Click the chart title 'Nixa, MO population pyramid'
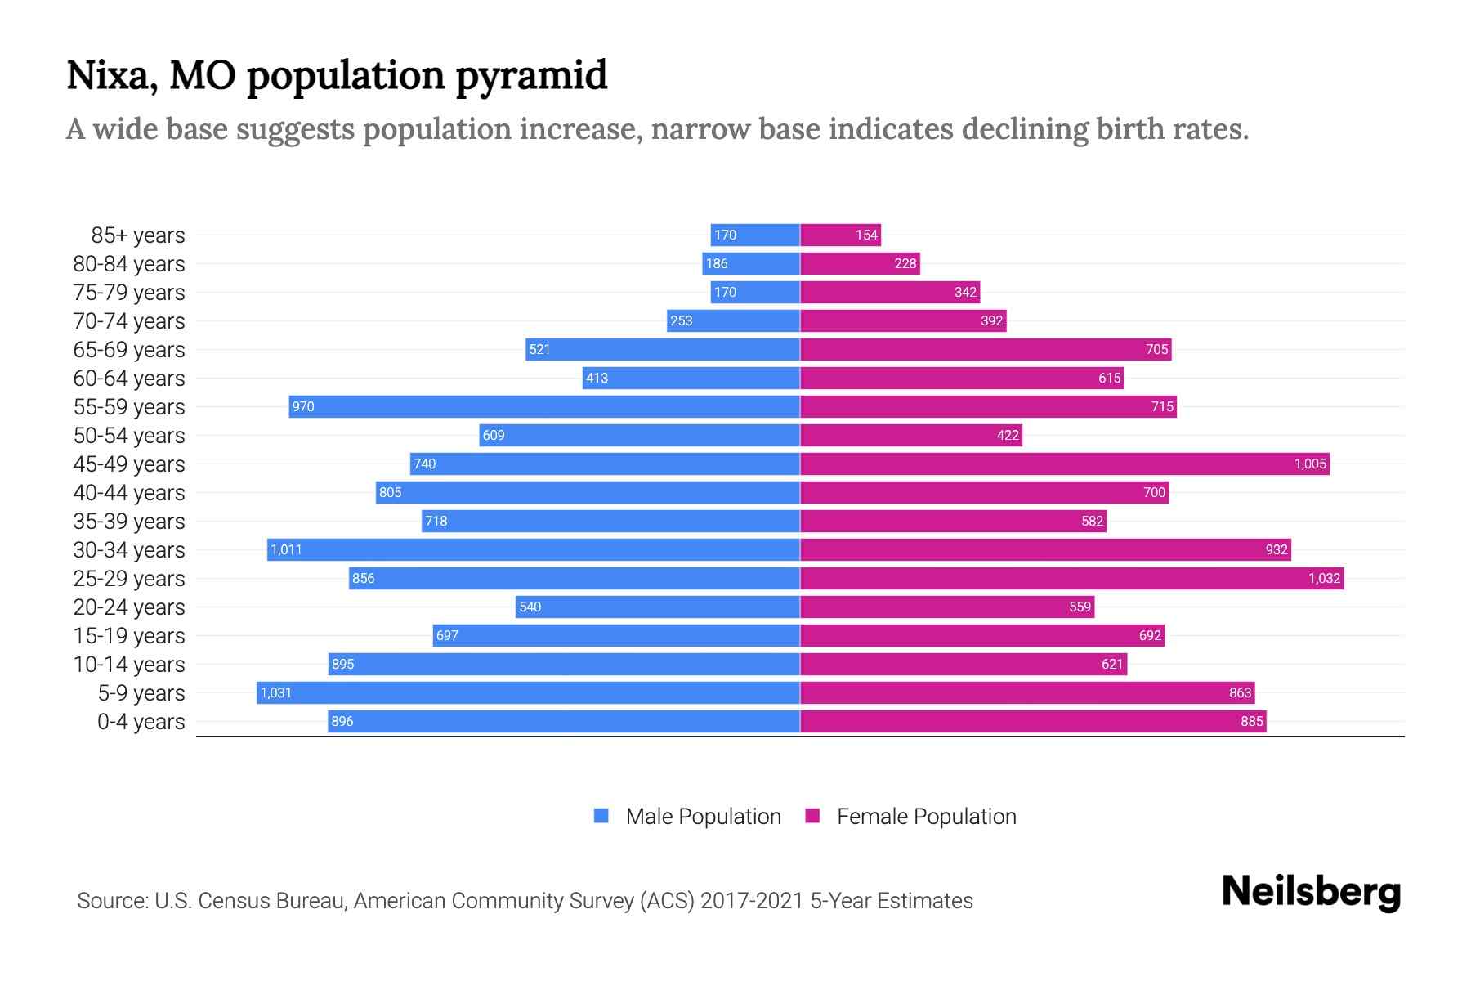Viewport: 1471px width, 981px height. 337,75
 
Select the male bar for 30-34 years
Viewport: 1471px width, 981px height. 533,549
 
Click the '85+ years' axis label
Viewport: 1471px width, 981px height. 137,235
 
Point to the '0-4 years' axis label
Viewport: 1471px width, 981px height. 141,722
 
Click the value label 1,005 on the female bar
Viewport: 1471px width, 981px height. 1309,464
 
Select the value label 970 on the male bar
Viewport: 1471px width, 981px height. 303,406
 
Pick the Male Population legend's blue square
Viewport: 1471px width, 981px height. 601,816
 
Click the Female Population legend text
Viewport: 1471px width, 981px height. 926,817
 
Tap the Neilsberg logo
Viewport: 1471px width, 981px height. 1311,892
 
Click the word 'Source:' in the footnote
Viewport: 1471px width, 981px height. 112,901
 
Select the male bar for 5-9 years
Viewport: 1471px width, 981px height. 528,692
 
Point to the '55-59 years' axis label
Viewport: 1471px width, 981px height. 129,407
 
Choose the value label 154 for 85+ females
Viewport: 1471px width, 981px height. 866,235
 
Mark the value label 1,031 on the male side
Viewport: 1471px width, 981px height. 276,692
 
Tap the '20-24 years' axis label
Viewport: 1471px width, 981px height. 129,607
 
